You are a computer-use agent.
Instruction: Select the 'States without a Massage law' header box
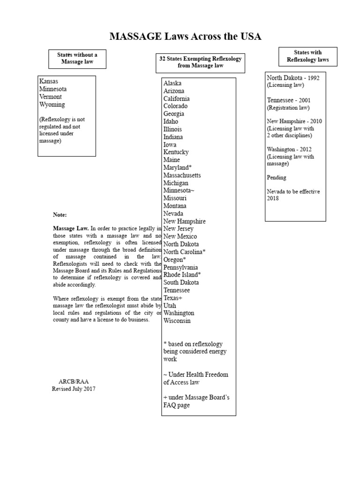77,59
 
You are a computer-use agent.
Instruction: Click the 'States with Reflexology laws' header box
307,56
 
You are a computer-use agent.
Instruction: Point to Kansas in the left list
49,81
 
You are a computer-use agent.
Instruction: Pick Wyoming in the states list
52,105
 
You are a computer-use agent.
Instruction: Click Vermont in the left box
51,97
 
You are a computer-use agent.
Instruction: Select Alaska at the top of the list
172,83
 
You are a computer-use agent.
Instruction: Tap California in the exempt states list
176,98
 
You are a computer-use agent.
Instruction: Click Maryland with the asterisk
177,167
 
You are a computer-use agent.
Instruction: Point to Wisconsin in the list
177,321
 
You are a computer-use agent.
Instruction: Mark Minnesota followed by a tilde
179,190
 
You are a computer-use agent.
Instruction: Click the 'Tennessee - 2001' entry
288,100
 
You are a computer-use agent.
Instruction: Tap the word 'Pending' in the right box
276,178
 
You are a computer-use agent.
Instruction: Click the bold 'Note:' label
60,215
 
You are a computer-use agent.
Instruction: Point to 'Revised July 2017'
74,389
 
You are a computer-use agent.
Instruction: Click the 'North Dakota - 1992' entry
293,78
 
